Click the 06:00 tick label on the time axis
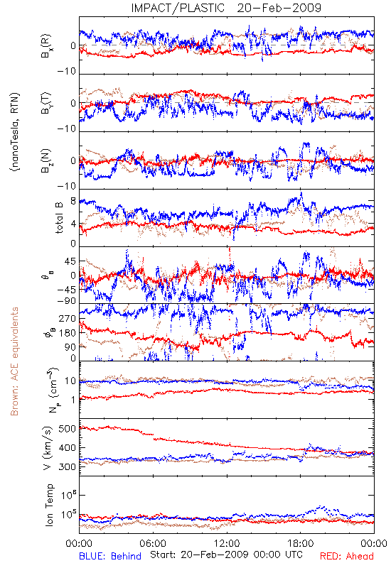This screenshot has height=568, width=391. click(x=153, y=543)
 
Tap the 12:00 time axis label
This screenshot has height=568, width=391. click(x=227, y=543)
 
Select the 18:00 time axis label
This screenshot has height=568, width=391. click(x=300, y=543)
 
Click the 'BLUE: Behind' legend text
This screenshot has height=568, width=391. click(x=110, y=556)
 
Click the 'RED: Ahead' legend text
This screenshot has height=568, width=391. click(x=346, y=556)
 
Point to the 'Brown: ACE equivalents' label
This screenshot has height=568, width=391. click(x=14, y=361)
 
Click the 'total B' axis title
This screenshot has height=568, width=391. click(x=59, y=217)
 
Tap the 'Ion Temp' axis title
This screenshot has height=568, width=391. click(x=49, y=505)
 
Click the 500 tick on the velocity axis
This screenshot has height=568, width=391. click(x=67, y=429)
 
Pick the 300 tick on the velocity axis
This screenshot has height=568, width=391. click(x=67, y=466)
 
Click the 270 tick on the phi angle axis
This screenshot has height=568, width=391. click(x=68, y=318)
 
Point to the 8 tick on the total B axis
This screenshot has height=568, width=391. click(x=73, y=201)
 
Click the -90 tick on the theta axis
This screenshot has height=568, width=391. click(x=67, y=301)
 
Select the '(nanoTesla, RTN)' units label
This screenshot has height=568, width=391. click(x=15, y=132)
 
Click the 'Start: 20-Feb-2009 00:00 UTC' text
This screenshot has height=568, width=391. click(x=226, y=555)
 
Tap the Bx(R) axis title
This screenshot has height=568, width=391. click(x=46, y=45)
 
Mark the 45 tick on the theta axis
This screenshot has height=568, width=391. click(x=70, y=261)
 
